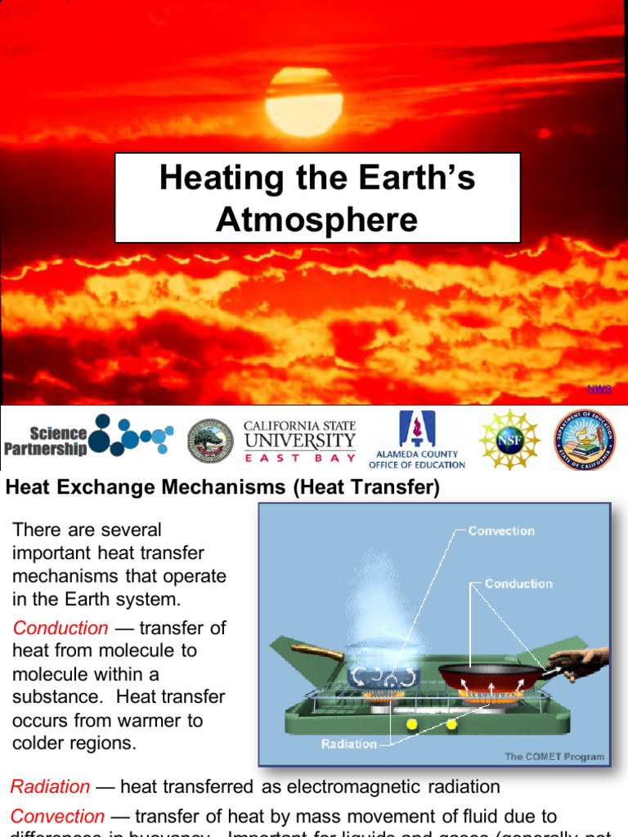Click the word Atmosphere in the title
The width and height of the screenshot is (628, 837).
click(317, 219)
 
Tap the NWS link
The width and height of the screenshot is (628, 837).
click(599, 388)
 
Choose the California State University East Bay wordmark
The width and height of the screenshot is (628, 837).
click(300, 439)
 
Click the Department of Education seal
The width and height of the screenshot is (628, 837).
click(584, 440)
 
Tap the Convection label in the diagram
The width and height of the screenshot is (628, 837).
click(501, 530)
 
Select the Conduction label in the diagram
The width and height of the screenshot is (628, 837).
click(518, 584)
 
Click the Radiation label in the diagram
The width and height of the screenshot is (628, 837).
click(349, 744)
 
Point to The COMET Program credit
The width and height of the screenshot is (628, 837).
click(554, 757)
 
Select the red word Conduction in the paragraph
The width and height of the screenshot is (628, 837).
click(61, 629)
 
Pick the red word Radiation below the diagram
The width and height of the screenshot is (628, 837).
click(50, 787)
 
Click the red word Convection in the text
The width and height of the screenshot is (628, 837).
click(57, 817)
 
